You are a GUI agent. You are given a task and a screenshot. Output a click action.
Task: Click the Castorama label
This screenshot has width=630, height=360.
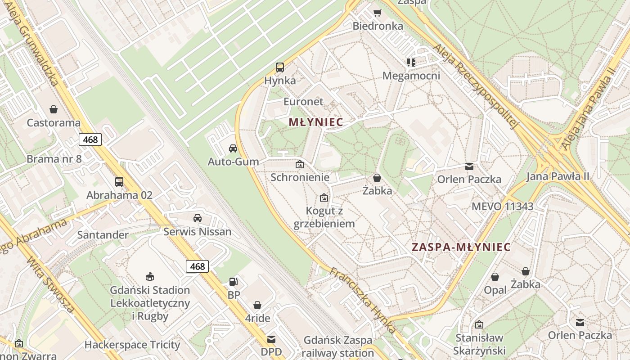click(54, 123)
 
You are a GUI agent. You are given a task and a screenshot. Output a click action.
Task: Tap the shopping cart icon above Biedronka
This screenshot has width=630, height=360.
click(377, 13)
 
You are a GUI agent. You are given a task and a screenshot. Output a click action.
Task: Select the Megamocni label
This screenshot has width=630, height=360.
click(411, 76)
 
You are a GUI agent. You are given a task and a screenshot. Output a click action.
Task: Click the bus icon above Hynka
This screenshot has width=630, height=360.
click(280, 67)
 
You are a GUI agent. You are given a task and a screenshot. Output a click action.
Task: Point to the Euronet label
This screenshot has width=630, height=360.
click(303, 102)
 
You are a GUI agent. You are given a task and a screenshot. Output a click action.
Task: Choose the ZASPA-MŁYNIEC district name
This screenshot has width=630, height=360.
click(461, 247)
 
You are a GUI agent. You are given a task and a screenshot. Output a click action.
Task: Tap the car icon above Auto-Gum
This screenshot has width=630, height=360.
click(233, 148)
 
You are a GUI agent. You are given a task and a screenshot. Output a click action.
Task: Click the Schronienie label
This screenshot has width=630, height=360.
click(300, 177)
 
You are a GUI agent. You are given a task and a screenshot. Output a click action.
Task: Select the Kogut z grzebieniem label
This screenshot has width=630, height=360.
click(324, 217)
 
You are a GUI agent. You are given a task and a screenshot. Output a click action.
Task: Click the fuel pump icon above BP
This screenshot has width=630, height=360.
click(234, 282)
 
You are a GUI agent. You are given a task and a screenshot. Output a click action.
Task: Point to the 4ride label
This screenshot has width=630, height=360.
click(257, 319)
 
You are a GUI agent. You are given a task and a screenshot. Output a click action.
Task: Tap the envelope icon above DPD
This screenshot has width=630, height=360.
click(271, 339)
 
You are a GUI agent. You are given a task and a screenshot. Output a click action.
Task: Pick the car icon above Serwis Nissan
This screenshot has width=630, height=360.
click(197, 218)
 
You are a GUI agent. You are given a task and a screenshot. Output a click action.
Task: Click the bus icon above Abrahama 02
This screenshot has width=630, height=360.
click(119, 181)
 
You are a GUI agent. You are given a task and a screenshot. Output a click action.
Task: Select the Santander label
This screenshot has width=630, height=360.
click(103, 235)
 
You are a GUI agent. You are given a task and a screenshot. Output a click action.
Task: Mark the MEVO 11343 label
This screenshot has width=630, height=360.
click(502, 207)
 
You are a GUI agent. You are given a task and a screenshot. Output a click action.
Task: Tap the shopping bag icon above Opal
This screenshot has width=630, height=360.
click(495, 277)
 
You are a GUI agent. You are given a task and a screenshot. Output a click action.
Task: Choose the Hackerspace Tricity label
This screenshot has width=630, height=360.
click(132, 345)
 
